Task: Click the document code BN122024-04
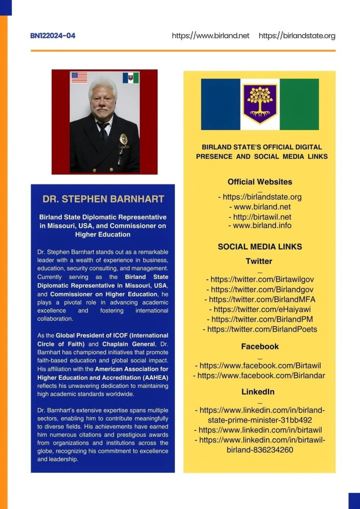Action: click(53, 36)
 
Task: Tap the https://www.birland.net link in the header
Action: click(210, 36)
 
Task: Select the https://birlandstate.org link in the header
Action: click(297, 36)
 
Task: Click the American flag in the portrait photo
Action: click(79, 78)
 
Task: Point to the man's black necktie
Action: click(103, 130)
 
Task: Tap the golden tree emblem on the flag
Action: click(260, 102)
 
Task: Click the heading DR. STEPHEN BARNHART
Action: click(103, 199)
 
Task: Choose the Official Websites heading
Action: click(260, 182)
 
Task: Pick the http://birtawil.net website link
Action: click(260, 216)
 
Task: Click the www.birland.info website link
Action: click(260, 225)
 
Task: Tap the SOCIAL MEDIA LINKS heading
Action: click(260, 247)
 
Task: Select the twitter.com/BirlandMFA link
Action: click(260, 299)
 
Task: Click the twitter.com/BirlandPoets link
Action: click(260, 329)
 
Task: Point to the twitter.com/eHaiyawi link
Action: click(260, 309)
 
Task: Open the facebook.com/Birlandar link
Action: click(259, 376)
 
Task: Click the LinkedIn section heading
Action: click(258, 392)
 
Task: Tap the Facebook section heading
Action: click(260, 346)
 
